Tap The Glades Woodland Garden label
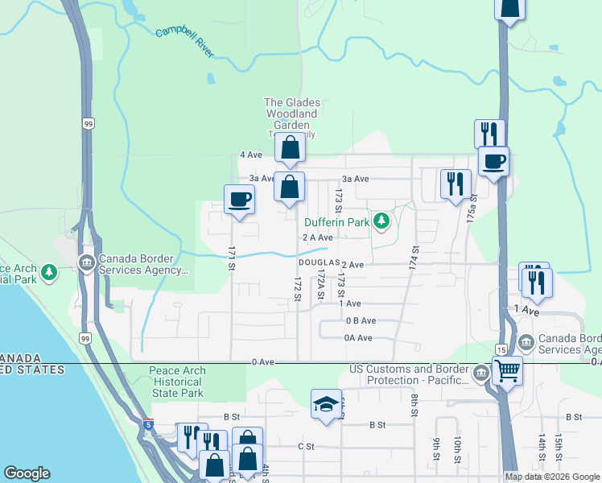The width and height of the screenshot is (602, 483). [292, 114]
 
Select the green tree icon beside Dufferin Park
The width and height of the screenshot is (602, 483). [382, 221]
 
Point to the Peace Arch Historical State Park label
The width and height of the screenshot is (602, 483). [177, 382]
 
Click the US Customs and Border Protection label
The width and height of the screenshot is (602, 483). [407, 374]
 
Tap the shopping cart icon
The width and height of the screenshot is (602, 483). [507, 371]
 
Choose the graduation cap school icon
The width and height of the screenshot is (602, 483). [326, 405]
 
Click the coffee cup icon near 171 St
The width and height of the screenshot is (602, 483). [239, 199]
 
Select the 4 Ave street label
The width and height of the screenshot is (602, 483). [251, 155]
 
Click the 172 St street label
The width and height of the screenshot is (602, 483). [298, 290]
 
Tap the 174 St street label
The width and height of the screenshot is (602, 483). [414, 258]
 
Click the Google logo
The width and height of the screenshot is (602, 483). [27, 473]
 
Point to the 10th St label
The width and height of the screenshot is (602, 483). [456, 447]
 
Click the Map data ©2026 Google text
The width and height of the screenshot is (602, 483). [552, 477]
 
